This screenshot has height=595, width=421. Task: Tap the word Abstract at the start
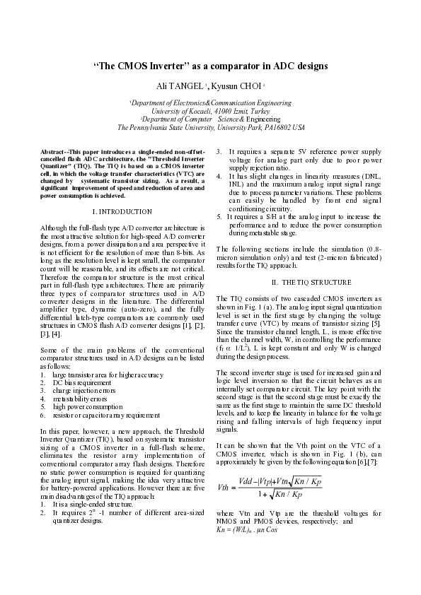coord(53,152)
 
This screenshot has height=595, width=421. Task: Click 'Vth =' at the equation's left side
coord(230,466)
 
